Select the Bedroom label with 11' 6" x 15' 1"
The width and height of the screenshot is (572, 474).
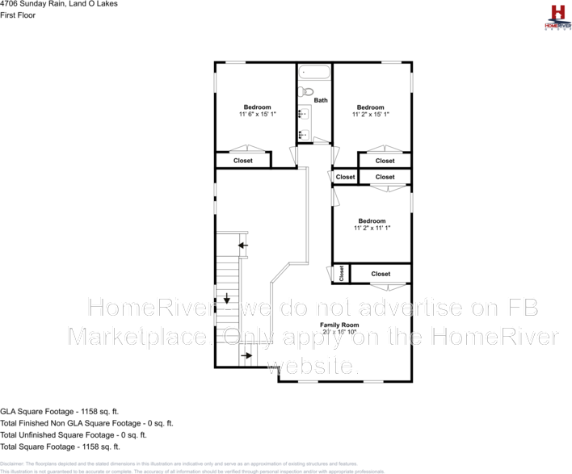pos(258,111)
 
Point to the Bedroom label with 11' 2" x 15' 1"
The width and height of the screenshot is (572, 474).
pos(371,111)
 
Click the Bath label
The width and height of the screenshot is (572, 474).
pos(321,101)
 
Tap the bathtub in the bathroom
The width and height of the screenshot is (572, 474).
pos(314,73)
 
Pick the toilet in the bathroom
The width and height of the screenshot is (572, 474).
pos(304,93)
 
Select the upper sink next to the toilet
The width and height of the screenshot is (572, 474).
pos(304,114)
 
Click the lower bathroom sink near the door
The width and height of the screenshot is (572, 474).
pos(304,133)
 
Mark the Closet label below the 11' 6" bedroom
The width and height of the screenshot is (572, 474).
pos(242,161)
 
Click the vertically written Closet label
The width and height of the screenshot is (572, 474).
pos(341,274)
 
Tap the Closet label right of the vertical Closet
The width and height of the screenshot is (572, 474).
pos(381,274)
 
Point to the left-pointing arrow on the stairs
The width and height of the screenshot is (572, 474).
pos(243,244)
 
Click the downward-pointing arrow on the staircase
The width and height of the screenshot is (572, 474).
pos(228,297)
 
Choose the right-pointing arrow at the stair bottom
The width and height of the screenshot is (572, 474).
pos(247,354)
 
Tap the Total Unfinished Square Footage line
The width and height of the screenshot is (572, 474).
pos(73,434)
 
